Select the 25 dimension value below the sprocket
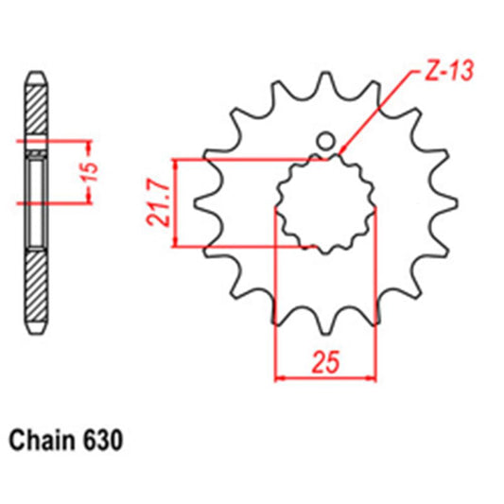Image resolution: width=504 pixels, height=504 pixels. pyautogui.click(x=325, y=364)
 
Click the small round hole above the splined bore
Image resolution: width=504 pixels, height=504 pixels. pyautogui.click(x=325, y=142)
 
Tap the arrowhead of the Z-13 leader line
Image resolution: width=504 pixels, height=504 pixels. pyautogui.click(x=341, y=152)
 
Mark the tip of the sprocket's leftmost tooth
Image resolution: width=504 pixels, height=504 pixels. pyautogui.click(x=195, y=203)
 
